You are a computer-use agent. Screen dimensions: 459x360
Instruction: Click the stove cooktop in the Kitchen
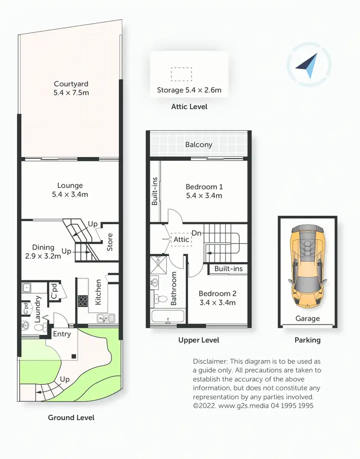[x=83, y=301]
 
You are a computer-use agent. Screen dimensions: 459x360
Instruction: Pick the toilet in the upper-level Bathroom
[x=156, y=299]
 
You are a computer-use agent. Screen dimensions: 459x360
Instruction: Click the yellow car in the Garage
[x=307, y=266]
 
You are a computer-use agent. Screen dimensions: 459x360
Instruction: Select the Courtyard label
[x=71, y=84]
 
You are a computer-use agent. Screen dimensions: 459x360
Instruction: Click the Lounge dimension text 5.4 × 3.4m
[x=70, y=194]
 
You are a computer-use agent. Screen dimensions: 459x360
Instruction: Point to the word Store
[x=110, y=242]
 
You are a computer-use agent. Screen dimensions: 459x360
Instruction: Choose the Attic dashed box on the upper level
[x=181, y=239]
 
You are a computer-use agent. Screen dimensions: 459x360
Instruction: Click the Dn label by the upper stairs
[x=196, y=233]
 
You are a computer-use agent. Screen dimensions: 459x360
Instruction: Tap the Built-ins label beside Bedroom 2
[x=228, y=269]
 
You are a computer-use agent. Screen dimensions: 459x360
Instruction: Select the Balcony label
[x=199, y=145]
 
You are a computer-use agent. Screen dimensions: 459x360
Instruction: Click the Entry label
[x=61, y=334]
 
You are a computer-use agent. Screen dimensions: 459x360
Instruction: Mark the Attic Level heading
[x=189, y=107]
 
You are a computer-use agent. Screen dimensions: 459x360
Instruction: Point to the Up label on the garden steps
[x=64, y=379]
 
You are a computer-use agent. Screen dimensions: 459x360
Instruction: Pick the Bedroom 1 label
[x=204, y=187]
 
